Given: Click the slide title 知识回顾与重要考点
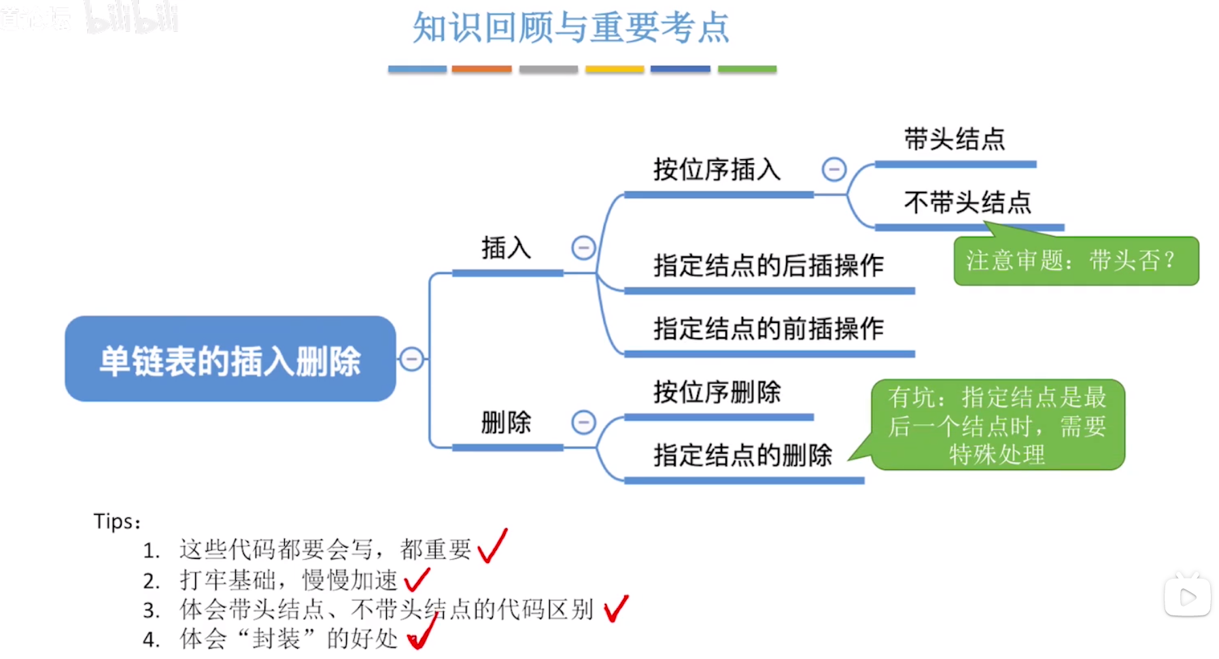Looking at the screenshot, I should click(570, 29).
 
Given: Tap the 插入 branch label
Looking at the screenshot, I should click(506, 248).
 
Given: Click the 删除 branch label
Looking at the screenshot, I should click(506, 422).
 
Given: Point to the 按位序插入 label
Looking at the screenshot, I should click(717, 169).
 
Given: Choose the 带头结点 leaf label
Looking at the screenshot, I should click(954, 139).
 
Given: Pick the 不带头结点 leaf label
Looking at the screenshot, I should click(967, 203).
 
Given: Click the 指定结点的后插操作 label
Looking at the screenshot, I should click(768, 265).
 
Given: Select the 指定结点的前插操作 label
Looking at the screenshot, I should click(768, 328).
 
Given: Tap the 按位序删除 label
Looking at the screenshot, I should click(717, 392).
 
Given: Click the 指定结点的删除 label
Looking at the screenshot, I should click(742, 455).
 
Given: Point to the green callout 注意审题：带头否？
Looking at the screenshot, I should click(1076, 261).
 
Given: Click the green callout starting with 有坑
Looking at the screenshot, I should click(997, 425).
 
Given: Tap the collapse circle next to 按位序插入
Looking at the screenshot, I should click(834, 169).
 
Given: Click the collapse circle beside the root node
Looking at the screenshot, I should click(411, 358).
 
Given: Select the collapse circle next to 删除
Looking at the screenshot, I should click(583, 422).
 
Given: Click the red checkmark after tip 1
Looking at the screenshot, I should click(492, 546).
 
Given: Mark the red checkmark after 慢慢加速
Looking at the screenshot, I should click(417, 579).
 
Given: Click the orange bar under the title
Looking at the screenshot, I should click(481, 69).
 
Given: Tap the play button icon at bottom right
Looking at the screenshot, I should click(1187, 597).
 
